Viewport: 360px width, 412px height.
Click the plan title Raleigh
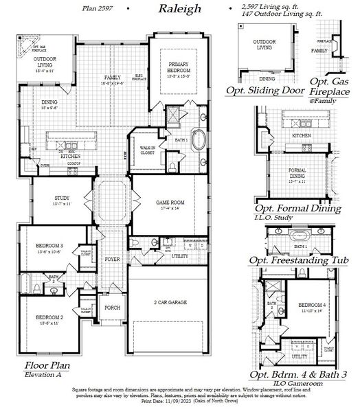pyautogui.click(x=179, y=9)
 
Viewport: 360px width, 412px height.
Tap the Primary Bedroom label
pyautogui.click(x=183, y=68)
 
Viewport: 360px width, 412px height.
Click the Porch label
pyautogui.click(x=113, y=308)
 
